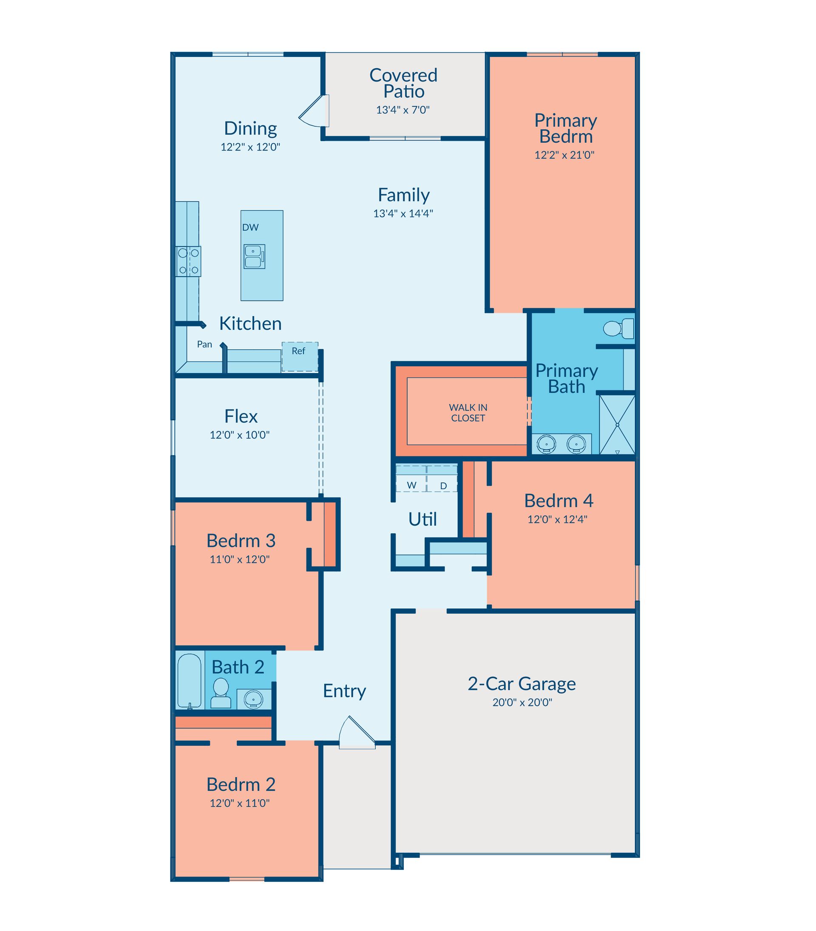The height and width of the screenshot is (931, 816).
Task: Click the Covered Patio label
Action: [403, 83]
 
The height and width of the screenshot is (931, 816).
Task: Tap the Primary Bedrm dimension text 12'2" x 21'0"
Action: [565, 155]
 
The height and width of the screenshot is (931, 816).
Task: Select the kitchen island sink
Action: [254, 256]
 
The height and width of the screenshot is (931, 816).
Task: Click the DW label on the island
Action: [250, 227]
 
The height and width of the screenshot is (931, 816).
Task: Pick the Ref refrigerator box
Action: [300, 357]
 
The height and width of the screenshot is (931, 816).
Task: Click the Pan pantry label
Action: [204, 344]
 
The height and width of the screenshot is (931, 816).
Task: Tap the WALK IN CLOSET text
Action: [468, 413]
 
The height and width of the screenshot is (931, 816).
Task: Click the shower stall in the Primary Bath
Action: [617, 425]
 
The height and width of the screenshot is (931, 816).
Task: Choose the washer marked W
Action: [411, 478]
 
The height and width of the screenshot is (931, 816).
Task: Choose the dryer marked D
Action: [442, 478]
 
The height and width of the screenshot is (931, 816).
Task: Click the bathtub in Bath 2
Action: [190, 681]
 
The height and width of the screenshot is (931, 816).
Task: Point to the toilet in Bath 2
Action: [221, 693]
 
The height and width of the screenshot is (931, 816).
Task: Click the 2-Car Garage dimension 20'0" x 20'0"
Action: [522, 702]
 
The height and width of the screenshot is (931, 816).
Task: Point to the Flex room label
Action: [241, 416]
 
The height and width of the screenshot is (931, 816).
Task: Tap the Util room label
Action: [422, 519]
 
